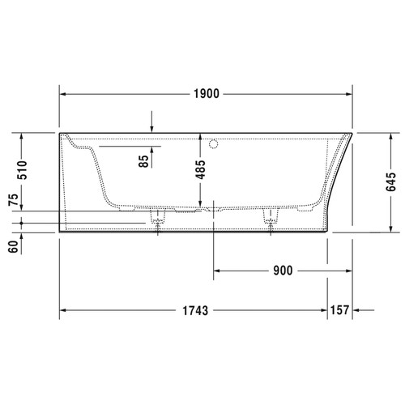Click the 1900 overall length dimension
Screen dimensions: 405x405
(207, 94)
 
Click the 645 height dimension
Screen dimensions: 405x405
(391, 181)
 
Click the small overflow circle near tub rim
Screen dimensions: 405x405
(215, 146)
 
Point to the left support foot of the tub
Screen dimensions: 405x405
(158, 218)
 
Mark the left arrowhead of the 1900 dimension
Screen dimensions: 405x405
(64, 94)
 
